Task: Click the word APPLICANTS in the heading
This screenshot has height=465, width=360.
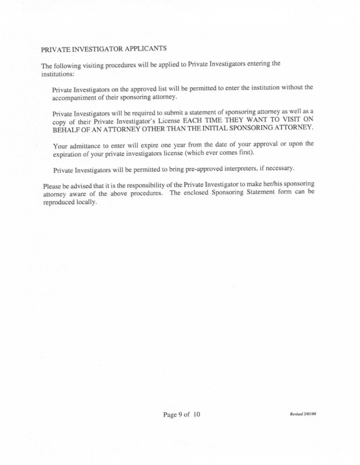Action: (144, 48)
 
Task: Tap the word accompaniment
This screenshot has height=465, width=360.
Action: (75, 97)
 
